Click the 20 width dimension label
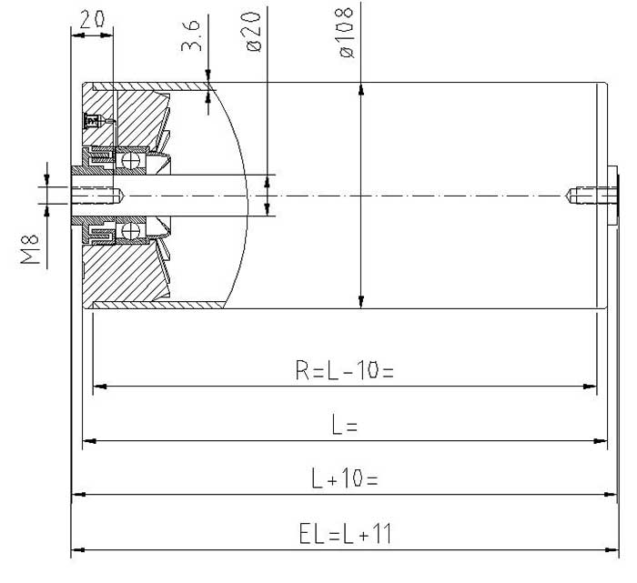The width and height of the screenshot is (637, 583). click(92, 19)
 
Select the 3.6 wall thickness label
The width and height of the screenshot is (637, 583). click(191, 36)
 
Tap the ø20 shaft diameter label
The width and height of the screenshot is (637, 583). click(254, 31)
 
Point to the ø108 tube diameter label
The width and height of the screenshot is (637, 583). click(346, 33)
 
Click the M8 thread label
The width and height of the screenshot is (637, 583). click(30, 249)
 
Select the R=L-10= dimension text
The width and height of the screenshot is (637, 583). click(345, 370)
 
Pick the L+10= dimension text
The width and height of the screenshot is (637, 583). click(345, 477)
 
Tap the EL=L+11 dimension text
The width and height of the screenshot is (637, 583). click(345, 533)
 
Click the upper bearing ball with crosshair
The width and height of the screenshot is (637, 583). click(131, 160)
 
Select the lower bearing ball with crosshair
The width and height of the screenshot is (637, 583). click(131, 231)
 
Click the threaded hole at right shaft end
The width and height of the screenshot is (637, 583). click(591, 196)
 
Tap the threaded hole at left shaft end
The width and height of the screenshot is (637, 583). click(97, 196)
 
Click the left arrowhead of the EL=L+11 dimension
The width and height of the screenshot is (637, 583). click(78, 549)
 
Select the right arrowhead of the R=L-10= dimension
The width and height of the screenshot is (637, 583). click(590, 387)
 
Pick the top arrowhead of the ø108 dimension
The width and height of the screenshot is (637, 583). click(360, 89)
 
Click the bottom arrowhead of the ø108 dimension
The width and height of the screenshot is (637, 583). click(360, 302)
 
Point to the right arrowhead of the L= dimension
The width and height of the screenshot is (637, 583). click(601, 441)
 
